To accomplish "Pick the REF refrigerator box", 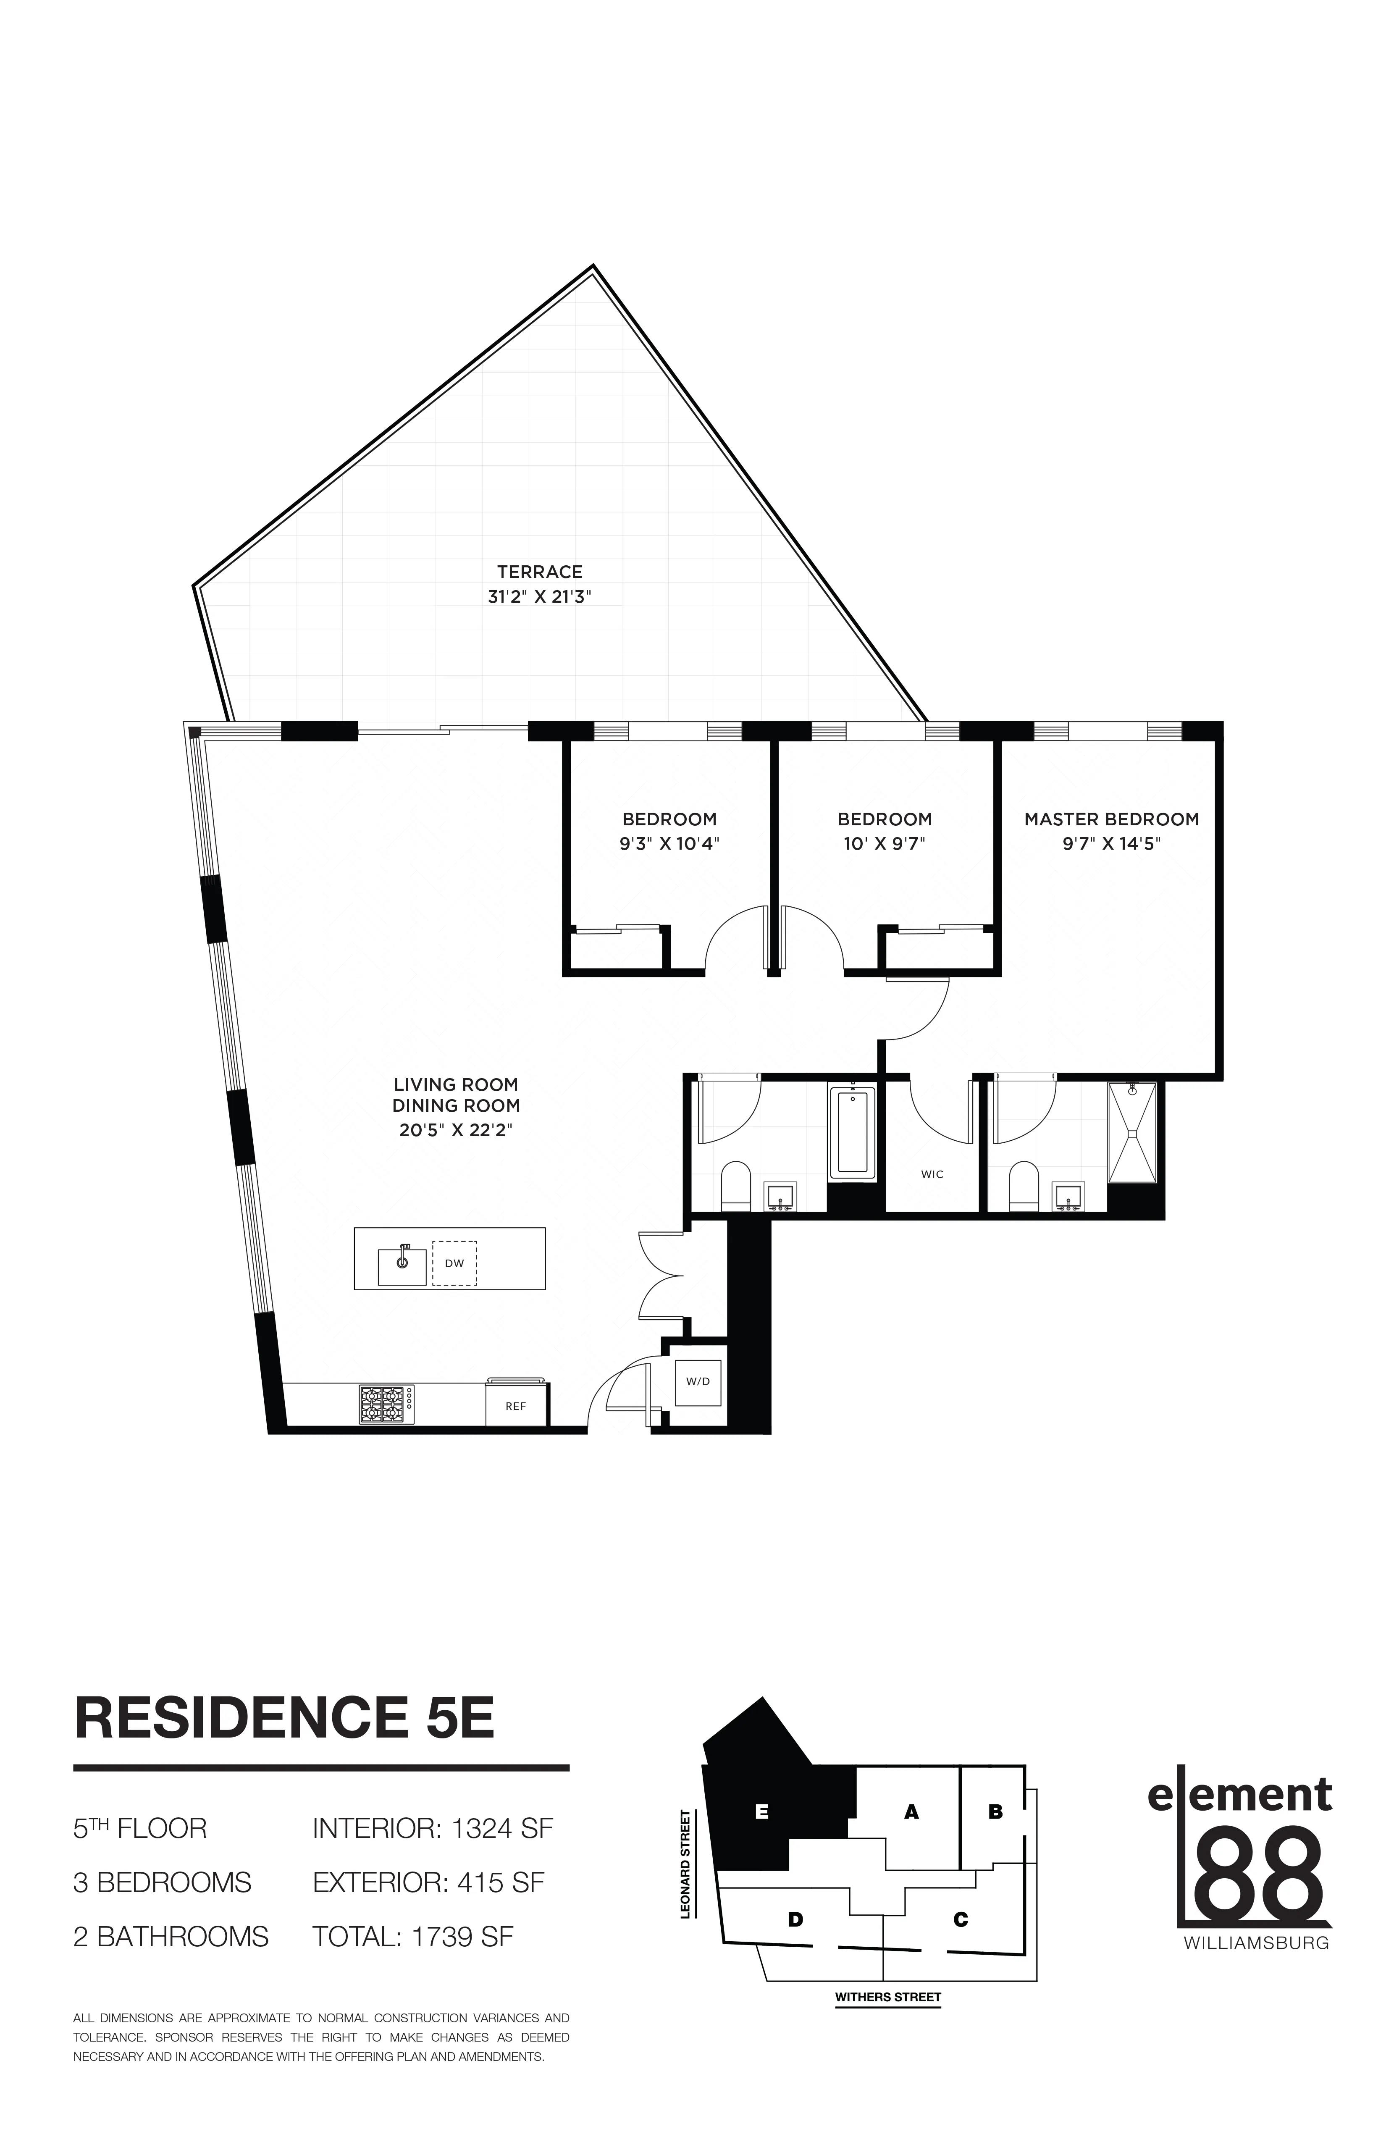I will tap(516, 1406).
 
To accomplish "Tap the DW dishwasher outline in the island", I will tap(454, 1264).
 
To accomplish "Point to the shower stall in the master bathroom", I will tap(1132, 1132).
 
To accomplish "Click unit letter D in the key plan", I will tap(795, 1920).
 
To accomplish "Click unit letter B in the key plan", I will tap(995, 1812).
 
